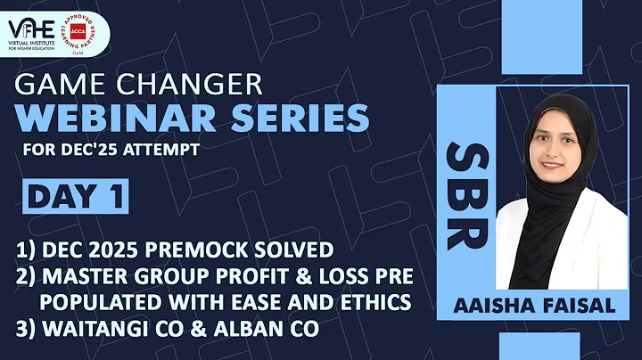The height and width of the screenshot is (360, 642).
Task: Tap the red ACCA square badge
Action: coord(89,29)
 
